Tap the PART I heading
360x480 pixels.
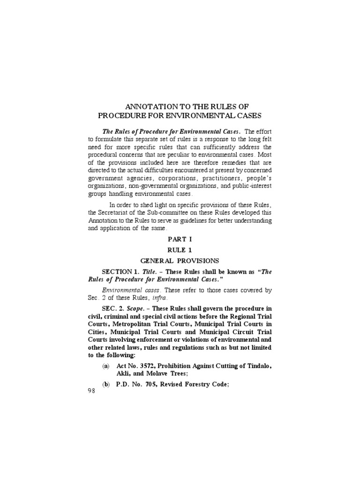click(x=180, y=239)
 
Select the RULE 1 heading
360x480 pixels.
click(x=180, y=250)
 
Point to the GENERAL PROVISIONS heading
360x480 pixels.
click(x=180, y=261)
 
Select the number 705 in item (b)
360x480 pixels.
click(x=151, y=385)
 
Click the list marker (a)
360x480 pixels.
click(x=106, y=366)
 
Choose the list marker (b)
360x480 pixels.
click(x=106, y=385)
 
